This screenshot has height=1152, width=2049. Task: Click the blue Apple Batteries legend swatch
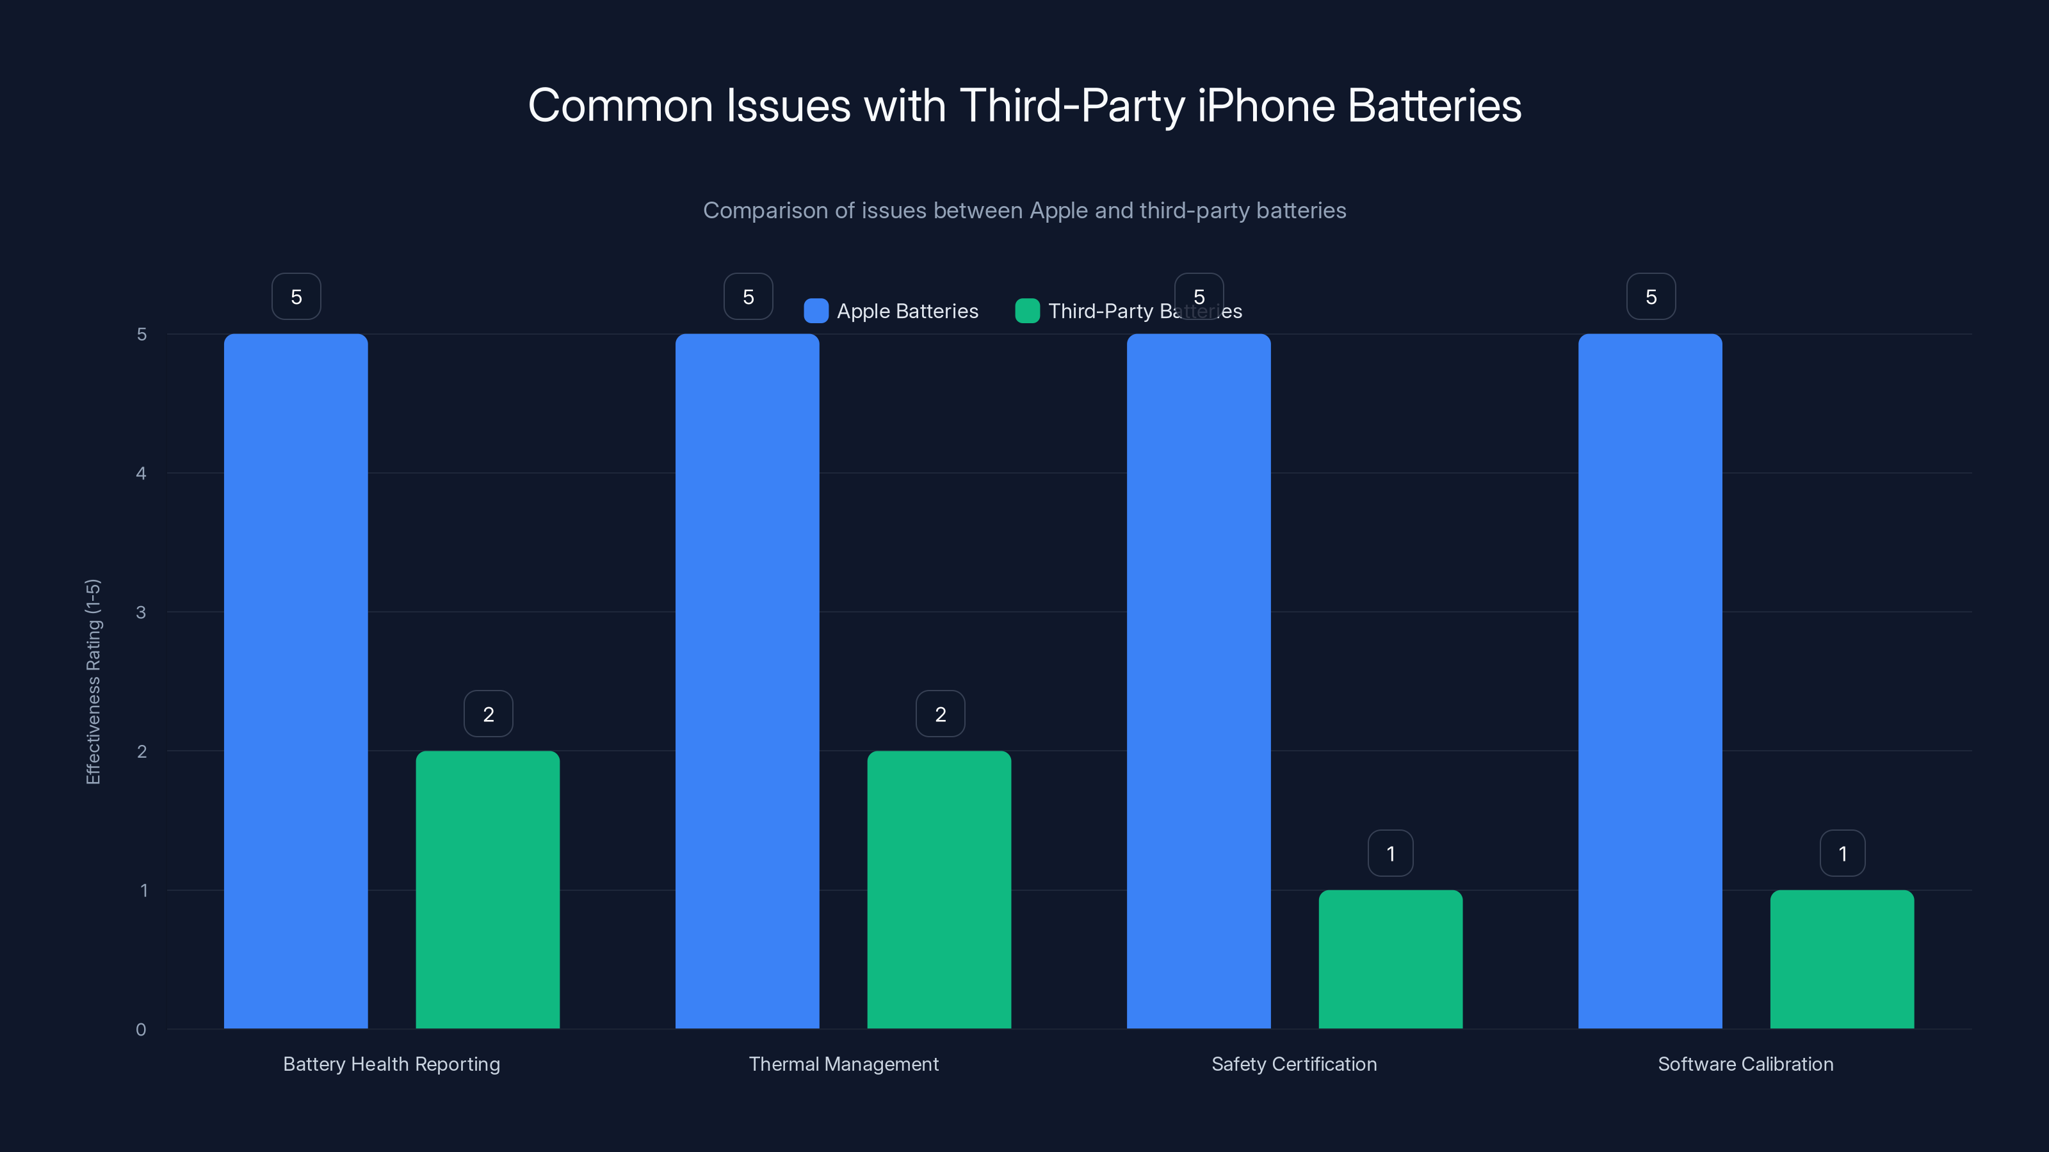click(816, 311)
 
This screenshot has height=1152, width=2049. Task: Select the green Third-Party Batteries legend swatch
click(1027, 311)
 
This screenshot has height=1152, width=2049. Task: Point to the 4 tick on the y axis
click(141, 473)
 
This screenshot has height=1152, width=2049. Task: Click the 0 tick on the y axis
click(141, 1030)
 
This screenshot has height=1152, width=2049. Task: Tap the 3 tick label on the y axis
click(141, 612)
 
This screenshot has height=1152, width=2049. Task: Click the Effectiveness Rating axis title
click(93, 682)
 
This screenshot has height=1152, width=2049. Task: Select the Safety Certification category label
click(1293, 1064)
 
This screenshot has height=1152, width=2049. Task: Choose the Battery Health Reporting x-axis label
click(391, 1064)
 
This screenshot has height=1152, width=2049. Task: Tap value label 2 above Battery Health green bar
click(489, 714)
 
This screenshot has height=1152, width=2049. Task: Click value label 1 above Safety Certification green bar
click(1390, 853)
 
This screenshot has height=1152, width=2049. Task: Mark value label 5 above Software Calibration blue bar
click(1651, 296)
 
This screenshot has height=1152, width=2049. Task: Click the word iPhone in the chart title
click(1265, 106)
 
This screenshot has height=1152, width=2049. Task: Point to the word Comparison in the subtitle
click(765, 211)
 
